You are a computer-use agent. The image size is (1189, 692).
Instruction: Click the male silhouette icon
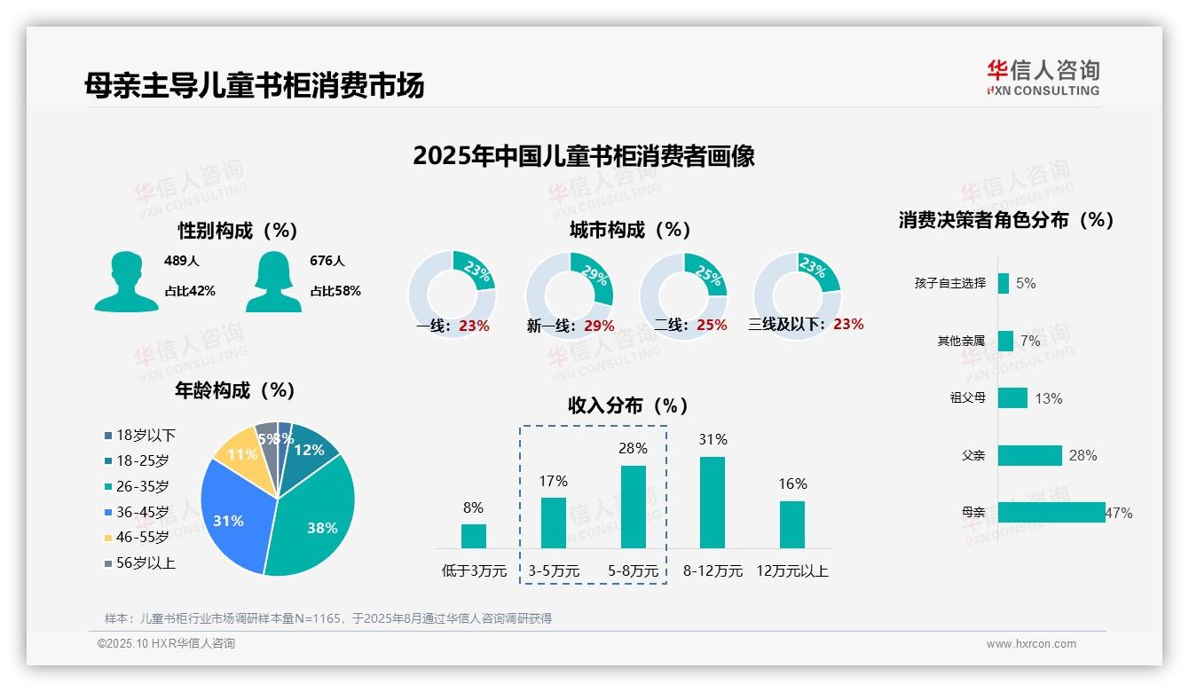pos(126,281)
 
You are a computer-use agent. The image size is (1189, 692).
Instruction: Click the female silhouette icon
pos(273,281)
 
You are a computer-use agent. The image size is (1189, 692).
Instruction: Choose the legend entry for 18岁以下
pos(140,435)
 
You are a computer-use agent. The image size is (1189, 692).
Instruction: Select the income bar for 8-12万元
pos(713,502)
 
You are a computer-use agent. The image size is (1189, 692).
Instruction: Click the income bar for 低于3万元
pos(474,536)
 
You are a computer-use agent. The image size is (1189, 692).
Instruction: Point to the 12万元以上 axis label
pos(792,571)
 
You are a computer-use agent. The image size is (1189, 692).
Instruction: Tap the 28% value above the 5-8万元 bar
pos(633,449)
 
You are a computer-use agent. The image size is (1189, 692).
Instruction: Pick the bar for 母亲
pos(1051,512)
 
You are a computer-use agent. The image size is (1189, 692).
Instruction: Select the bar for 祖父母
pos(1012,397)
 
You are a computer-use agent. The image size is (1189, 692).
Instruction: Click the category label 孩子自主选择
pos(949,283)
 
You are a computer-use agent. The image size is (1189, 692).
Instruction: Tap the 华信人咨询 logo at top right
pos(1043,77)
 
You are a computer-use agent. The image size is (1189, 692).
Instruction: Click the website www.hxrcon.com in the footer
pos(1031,644)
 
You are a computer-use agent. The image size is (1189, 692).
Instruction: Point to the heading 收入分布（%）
pos(628,405)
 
